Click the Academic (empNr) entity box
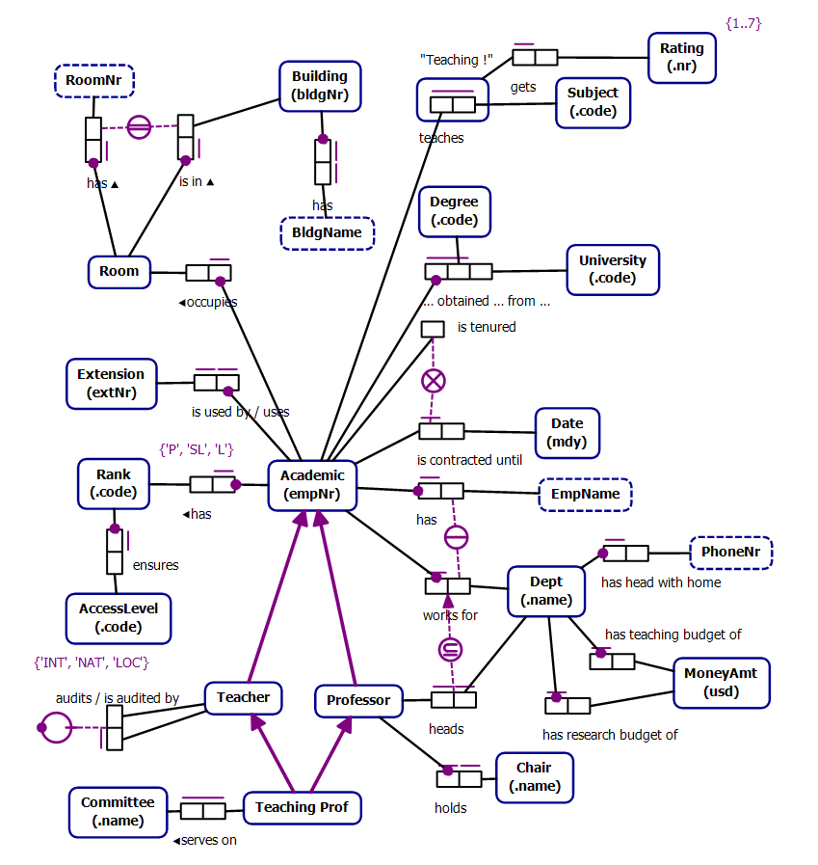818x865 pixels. [x=312, y=485]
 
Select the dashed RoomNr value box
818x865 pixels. [x=93, y=81]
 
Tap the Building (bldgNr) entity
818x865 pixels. [x=319, y=86]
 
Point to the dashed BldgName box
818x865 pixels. [x=328, y=233]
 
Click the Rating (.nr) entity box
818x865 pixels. [x=681, y=58]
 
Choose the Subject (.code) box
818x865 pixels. [x=593, y=102]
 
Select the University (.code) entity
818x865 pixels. [x=613, y=269]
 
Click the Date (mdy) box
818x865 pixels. [x=567, y=433]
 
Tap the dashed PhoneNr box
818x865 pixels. [x=731, y=553]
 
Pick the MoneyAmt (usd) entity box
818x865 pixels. [x=720, y=683]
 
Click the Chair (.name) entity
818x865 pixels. [x=534, y=777]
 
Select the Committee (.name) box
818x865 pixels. [x=117, y=811]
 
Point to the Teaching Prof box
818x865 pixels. [x=302, y=807]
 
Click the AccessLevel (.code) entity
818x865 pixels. [x=119, y=618]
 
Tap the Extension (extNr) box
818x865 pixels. [x=111, y=383]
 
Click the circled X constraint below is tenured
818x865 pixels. [x=434, y=380]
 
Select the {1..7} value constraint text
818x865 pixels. [x=742, y=23]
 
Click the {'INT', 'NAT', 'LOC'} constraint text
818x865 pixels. [x=92, y=662]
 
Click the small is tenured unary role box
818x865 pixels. [x=433, y=328]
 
